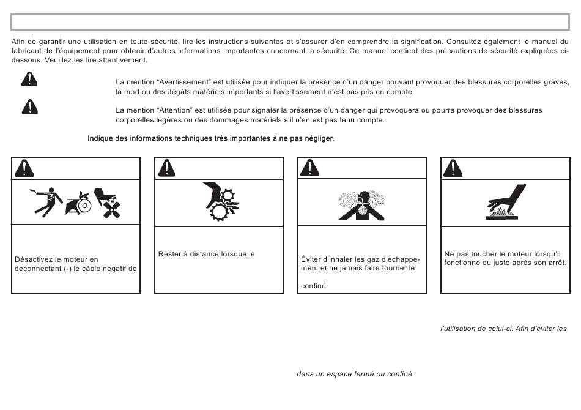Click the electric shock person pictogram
coord(46,202)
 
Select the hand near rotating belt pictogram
coord(78,203)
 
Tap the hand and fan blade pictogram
coord(108,203)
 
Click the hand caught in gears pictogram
coord(220,201)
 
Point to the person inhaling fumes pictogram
coord(361,206)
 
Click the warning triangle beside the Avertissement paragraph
coord(29,78)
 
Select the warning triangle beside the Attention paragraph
coord(29,106)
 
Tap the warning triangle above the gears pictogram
coord(167,168)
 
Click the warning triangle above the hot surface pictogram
coord(453,168)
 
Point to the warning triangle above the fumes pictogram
coord(310,168)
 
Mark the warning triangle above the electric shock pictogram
coord(24,168)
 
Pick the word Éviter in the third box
coord(311,259)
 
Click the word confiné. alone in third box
coord(314,286)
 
